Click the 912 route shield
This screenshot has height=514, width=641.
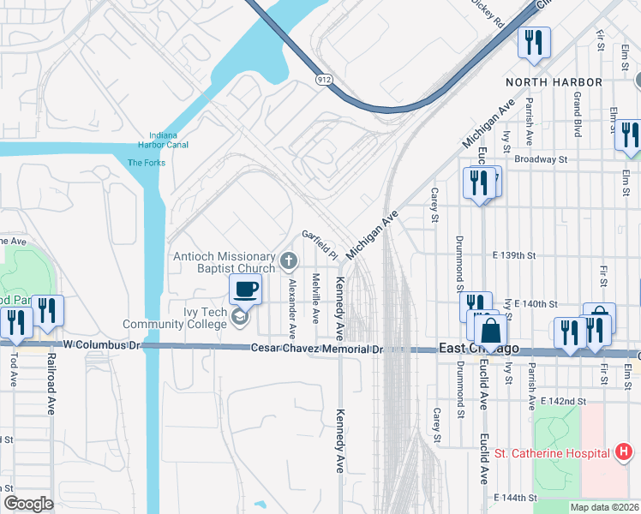pyautogui.click(x=323, y=80)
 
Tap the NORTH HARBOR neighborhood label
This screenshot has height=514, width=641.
pyautogui.click(x=554, y=82)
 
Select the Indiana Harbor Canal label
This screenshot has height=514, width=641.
pyautogui.click(x=163, y=140)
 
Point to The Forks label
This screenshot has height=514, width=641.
pyautogui.click(x=146, y=163)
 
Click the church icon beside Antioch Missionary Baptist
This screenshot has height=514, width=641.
pyautogui.click(x=289, y=259)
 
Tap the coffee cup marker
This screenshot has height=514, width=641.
pyautogui.click(x=246, y=289)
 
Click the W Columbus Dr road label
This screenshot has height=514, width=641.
pyautogui.click(x=101, y=344)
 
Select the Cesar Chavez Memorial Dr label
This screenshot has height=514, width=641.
pyautogui.click(x=316, y=349)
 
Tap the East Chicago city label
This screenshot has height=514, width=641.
pyautogui.click(x=479, y=349)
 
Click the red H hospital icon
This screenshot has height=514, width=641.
pyautogui.click(x=624, y=451)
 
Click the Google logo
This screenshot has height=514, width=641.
pyautogui.click(x=28, y=504)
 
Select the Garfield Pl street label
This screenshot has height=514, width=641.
pyautogui.click(x=320, y=244)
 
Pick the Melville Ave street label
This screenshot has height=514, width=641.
pyautogui.click(x=315, y=297)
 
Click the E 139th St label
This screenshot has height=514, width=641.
pyautogui.click(x=514, y=255)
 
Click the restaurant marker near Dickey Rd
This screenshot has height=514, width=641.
pyautogui.click(x=534, y=42)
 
